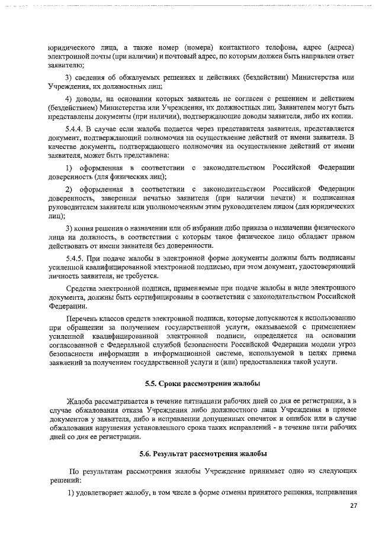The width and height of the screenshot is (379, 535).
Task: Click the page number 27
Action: point(353,505)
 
